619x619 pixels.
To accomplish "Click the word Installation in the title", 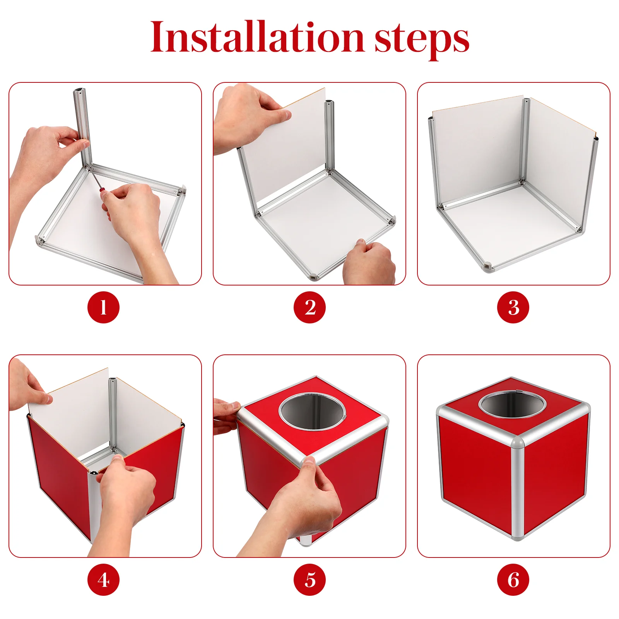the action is (x=257, y=37).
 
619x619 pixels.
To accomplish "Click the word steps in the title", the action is (x=422, y=40).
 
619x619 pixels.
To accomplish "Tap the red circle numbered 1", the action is (x=103, y=307).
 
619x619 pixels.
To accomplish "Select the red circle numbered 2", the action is (x=309, y=307).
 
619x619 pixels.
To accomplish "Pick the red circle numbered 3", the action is (x=513, y=307).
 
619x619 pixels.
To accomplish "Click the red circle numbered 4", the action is (x=103, y=580).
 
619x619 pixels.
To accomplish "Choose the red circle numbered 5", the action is (x=309, y=580).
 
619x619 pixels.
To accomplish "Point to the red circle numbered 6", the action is (x=513, y=580).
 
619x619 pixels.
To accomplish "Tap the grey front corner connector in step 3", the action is (x=487, y=267).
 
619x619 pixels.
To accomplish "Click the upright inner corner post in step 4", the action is (x=113, y=414).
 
